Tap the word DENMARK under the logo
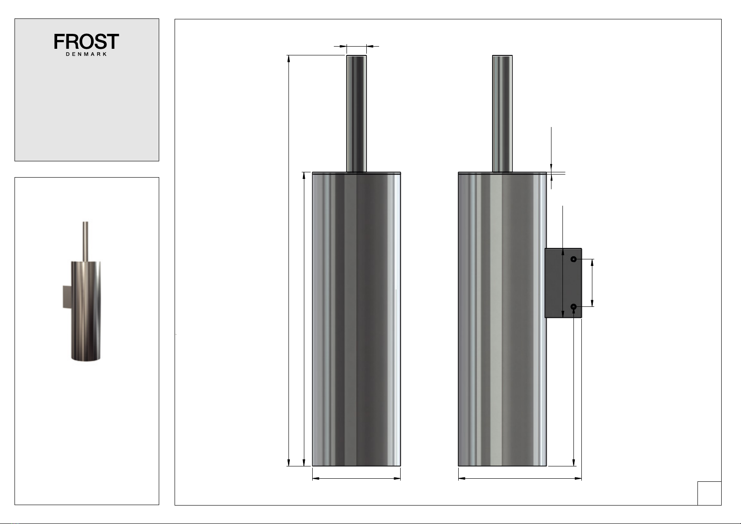[x=86, y=54]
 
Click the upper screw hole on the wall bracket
[x=573, y=259]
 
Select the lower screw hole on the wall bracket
[x=573, y=307]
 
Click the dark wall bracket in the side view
[x=563, y=283]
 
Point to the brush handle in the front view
[x=356, y=114]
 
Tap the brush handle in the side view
[x=502, y=114]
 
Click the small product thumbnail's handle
[x=85, y=241]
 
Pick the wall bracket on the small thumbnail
[x=67, y=297]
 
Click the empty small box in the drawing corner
[x=709, y=493]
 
